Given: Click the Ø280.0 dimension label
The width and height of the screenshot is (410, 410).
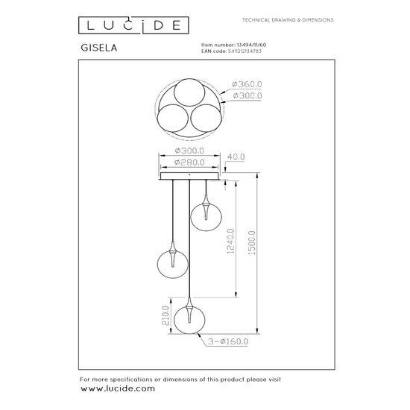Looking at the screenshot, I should [x=191, y=162].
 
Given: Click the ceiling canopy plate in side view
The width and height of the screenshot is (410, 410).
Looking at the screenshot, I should [x=191, y=176].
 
